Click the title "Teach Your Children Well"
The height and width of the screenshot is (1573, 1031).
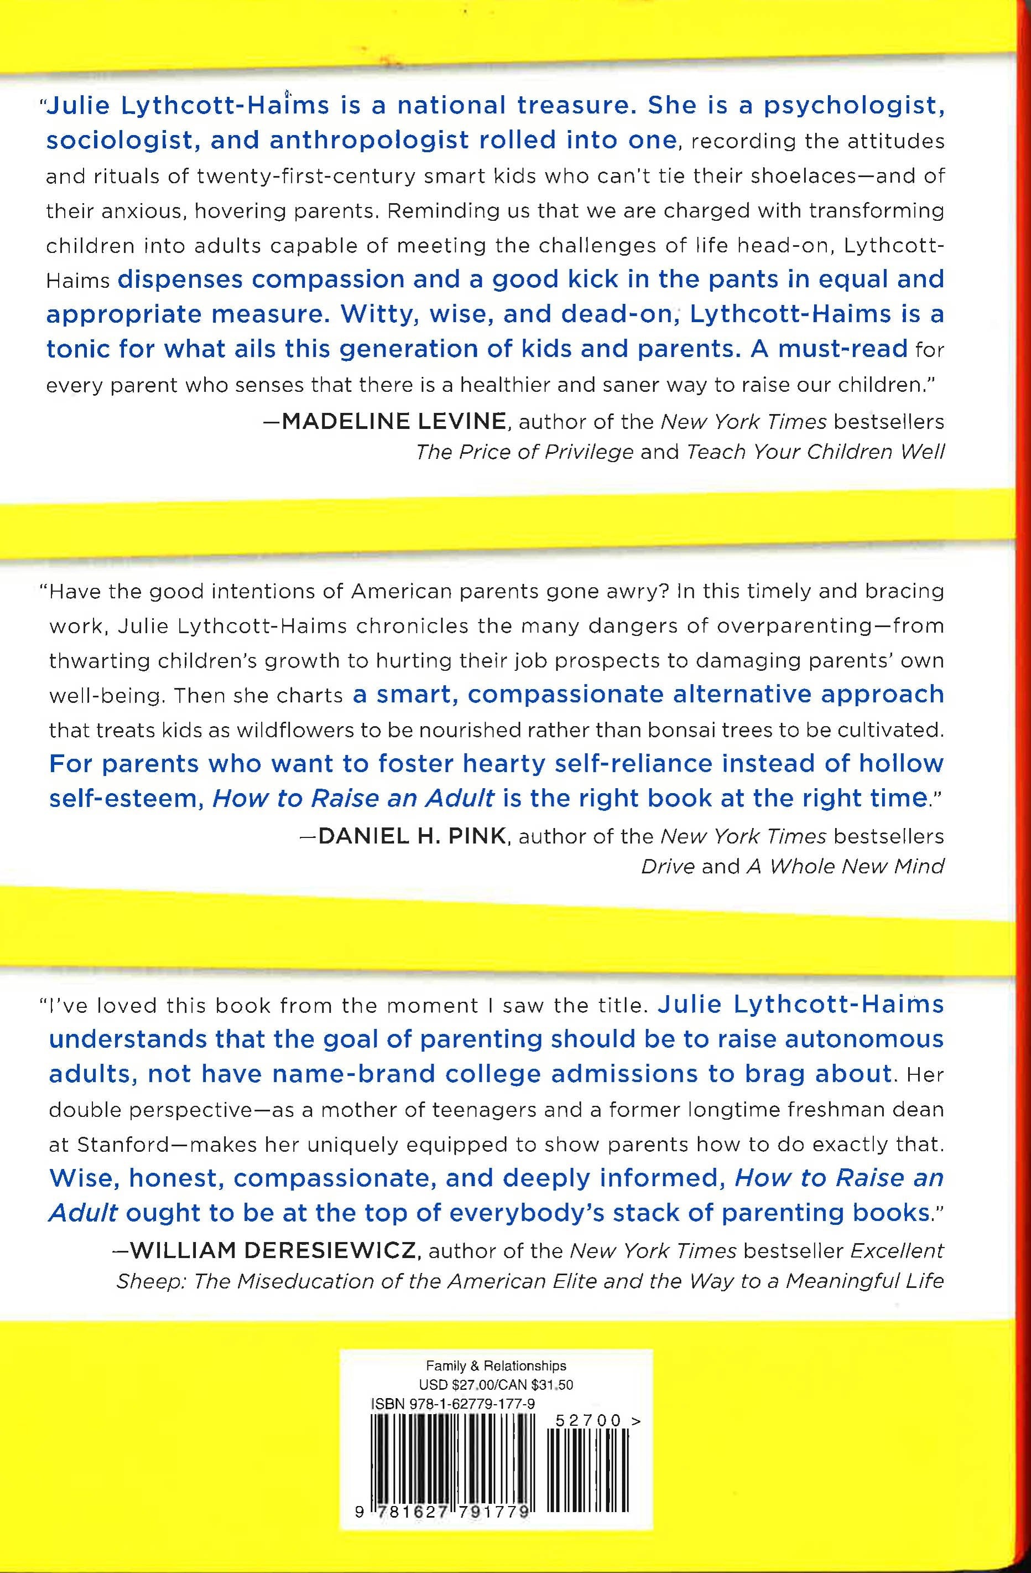pos(815,452)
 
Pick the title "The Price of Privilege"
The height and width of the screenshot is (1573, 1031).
pos(524,452)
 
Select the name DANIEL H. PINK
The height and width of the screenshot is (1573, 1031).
pos(412,837)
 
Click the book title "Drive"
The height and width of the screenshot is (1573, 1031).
pos(667,866)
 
